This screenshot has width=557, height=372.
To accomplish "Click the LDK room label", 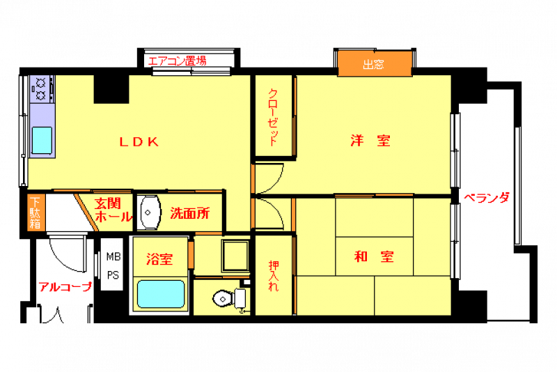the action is [139, 142].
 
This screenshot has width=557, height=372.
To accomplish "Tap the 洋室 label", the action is [370, 141].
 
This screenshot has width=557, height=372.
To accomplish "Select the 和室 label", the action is [374, 256].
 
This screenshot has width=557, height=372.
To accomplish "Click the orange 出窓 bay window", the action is [375, 64].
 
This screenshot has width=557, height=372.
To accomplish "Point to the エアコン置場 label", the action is [178, 61].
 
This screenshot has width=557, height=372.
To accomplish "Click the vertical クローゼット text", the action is [273, 118].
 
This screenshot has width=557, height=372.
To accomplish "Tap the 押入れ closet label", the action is [274, 276].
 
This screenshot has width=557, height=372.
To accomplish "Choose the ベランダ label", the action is [487, 198].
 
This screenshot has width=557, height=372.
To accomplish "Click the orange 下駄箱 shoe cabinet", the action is [36, 212].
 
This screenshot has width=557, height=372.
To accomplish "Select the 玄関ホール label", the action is [113, 210].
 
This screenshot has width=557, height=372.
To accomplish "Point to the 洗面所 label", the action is [189, 213].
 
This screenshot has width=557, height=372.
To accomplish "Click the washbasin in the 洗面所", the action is [149, 212].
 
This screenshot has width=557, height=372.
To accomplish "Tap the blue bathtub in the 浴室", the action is [161, 294].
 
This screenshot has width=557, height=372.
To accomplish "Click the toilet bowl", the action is [223, 298].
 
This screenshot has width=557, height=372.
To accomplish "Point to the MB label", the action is [113, 256].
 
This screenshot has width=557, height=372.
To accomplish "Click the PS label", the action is [113, 275].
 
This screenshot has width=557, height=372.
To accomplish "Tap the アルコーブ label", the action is [65, 286].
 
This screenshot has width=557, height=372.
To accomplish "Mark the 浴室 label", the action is [159, 259].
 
